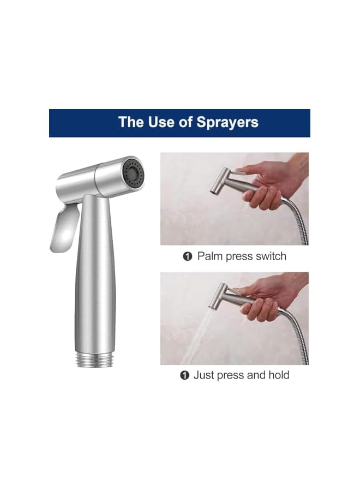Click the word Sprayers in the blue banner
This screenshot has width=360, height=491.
(x=226, y=122)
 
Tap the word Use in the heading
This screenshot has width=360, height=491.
(x=161, y=122)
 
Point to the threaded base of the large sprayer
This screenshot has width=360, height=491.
(x=92, y=358)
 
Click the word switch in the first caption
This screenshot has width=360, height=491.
(x=268, y=256)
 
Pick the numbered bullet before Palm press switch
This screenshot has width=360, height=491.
(x=188, y=256)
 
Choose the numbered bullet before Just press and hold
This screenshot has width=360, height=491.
(x=184, y=375)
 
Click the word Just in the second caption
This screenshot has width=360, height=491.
(x=204, y=375)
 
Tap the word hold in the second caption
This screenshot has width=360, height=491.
(x=278, y=375)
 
